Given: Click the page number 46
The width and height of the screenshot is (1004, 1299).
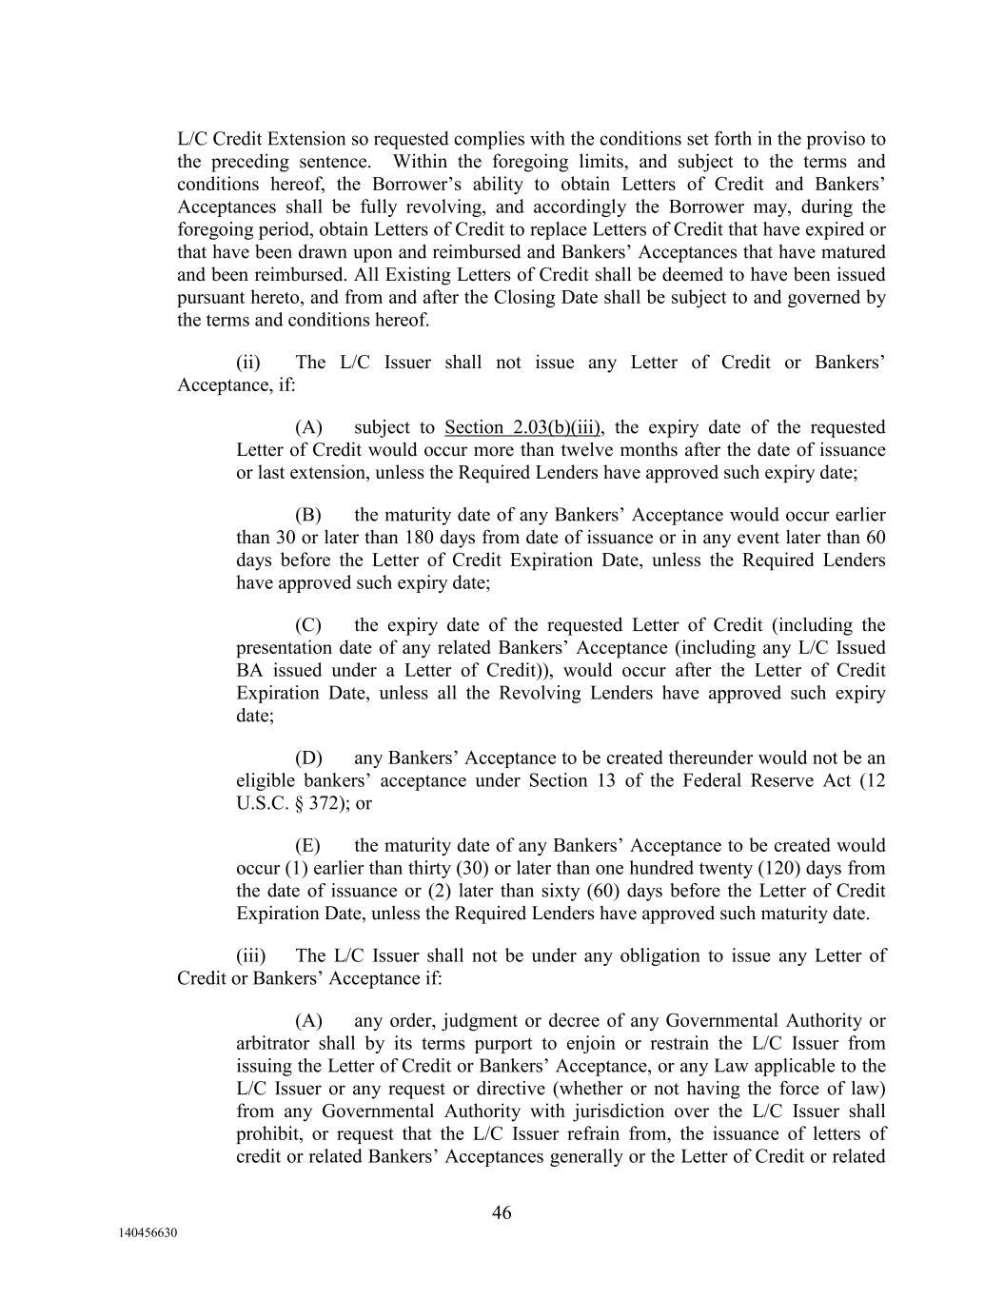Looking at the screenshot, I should (x=502, y=1212).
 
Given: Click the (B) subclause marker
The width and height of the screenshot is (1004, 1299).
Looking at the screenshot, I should (x=307, y=515).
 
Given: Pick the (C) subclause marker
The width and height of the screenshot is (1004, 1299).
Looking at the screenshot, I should (x=307, y=625).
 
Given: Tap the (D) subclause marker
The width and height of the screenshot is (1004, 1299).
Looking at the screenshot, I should (x=308, y=758).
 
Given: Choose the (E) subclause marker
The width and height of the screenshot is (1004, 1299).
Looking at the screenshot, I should (x=307, y=845).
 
